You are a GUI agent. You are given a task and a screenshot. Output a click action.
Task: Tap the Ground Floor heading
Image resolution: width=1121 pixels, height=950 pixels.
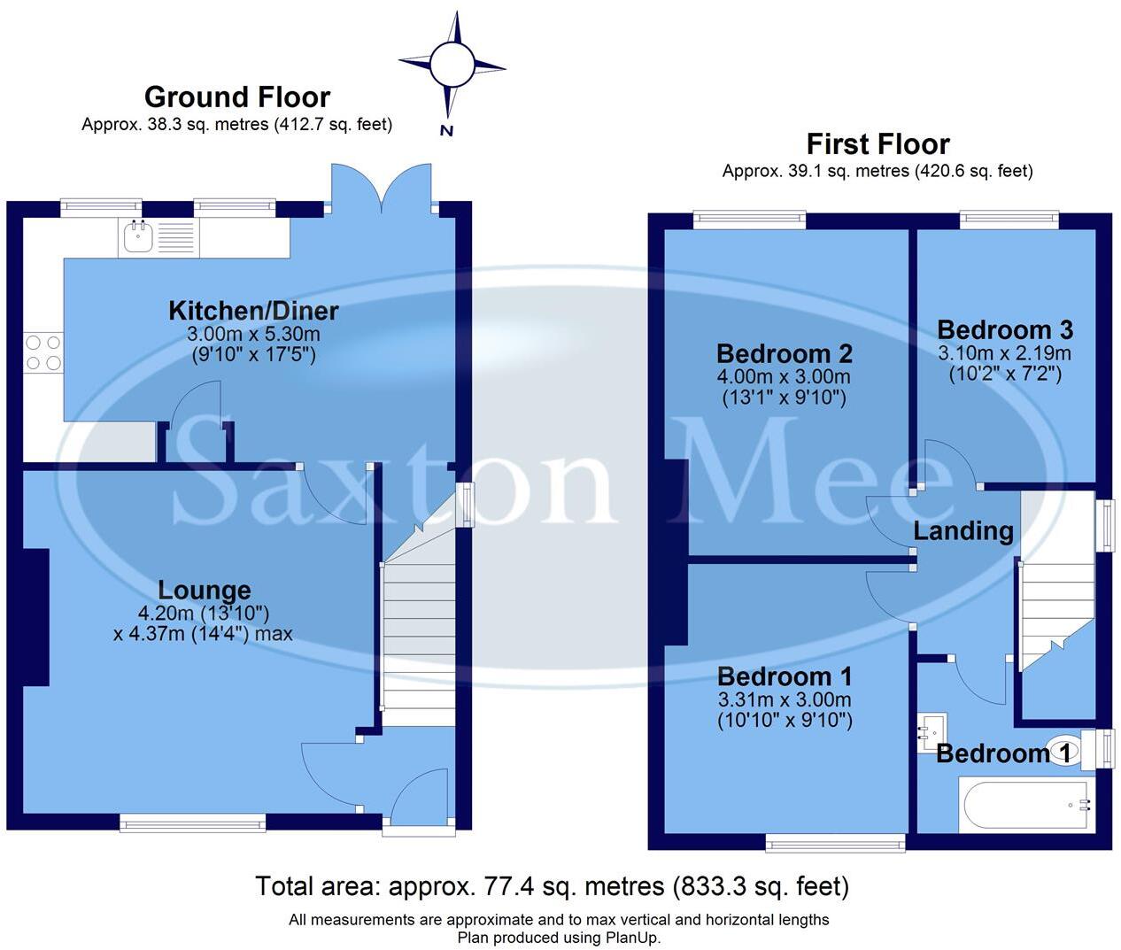[x=236, y=97]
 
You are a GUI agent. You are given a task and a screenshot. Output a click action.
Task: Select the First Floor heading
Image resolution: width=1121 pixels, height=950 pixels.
[x=877, y=143]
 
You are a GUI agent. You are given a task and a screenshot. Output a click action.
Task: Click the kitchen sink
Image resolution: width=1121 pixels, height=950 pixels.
[x=138, y=237]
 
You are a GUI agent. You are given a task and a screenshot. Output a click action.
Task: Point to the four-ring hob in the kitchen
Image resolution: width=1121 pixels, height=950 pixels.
[x=43, y=352]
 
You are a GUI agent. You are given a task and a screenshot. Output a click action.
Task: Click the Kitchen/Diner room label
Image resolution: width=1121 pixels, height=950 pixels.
[x=253, y=311]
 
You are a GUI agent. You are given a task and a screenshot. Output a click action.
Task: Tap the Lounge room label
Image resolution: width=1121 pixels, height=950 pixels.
[x=205, y=590]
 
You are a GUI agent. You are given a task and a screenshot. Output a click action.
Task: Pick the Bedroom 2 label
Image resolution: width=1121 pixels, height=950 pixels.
[x=784, y=353]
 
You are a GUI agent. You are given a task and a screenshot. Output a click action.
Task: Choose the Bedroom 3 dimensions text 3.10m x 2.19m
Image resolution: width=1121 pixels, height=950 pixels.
[x=1004, y=353]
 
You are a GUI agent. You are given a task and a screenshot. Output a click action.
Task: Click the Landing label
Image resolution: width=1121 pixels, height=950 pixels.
[x=963, y=531]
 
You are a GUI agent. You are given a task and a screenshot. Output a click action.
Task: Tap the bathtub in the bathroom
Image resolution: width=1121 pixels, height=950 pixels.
[x=1025, y=804]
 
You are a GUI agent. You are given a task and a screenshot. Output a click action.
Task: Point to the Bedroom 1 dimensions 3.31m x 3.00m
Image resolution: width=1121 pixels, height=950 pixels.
[x=784, y=699]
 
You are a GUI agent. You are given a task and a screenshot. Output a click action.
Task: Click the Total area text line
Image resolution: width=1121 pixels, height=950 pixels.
[x=552, y=886]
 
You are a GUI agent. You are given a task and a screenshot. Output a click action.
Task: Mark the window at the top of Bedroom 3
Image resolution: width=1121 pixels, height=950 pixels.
[x=1009, y=219]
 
